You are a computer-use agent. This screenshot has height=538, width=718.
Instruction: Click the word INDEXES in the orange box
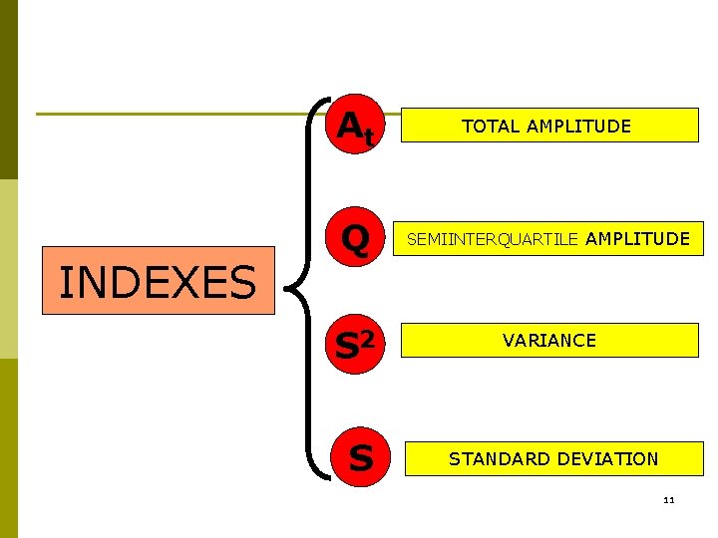(x=158, y=282)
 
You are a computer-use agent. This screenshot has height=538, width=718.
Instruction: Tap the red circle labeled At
(x=356, y=127)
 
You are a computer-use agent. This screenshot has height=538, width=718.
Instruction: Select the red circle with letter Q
(x=356, y=239)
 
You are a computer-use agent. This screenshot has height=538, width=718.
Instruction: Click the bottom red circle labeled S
(x=360, y=458)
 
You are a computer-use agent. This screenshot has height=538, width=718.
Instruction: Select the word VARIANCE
(x=549, y=341)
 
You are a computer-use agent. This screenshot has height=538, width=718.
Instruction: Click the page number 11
(x=668, y=499)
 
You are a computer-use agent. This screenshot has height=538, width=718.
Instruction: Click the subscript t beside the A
(x=369, y=136)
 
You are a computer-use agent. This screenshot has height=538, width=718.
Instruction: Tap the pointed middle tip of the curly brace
(x=290, y=289)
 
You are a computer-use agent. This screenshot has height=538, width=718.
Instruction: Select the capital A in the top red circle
(x=349, y=125)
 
